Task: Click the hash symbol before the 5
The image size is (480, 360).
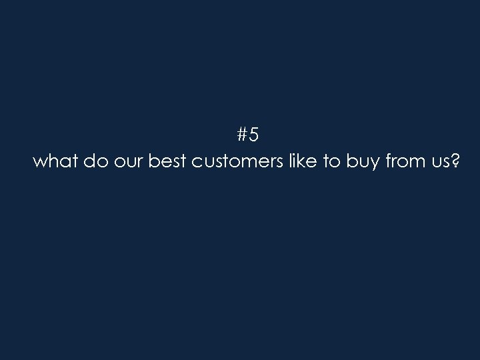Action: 243,135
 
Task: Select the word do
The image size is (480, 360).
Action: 93,162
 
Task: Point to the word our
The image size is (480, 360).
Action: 125,163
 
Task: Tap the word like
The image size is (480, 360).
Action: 302,162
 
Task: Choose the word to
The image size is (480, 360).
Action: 332,163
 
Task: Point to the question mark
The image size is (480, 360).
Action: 454,161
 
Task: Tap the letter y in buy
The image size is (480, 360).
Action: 372,165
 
